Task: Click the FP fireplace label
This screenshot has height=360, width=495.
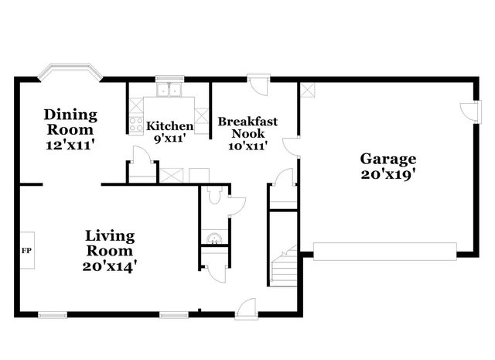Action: [x=26, y=251]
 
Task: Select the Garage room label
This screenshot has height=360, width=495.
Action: [x=388, y=159]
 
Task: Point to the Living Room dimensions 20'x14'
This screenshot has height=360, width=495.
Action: [x=109, y=266]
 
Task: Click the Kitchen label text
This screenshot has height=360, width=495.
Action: [x=170, y=126]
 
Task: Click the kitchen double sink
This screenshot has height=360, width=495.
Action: [x=169, y=91]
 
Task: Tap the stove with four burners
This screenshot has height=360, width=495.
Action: [x=135, y=124]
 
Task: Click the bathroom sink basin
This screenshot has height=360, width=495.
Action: [x=214, y=235]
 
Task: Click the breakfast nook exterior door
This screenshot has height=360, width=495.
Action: [x=258, y=84]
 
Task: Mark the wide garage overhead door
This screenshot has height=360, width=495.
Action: [x=384, y=249]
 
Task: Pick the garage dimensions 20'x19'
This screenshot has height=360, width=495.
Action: [x=388, y=174]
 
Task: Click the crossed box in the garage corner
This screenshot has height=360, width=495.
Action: [x=308, y=90]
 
